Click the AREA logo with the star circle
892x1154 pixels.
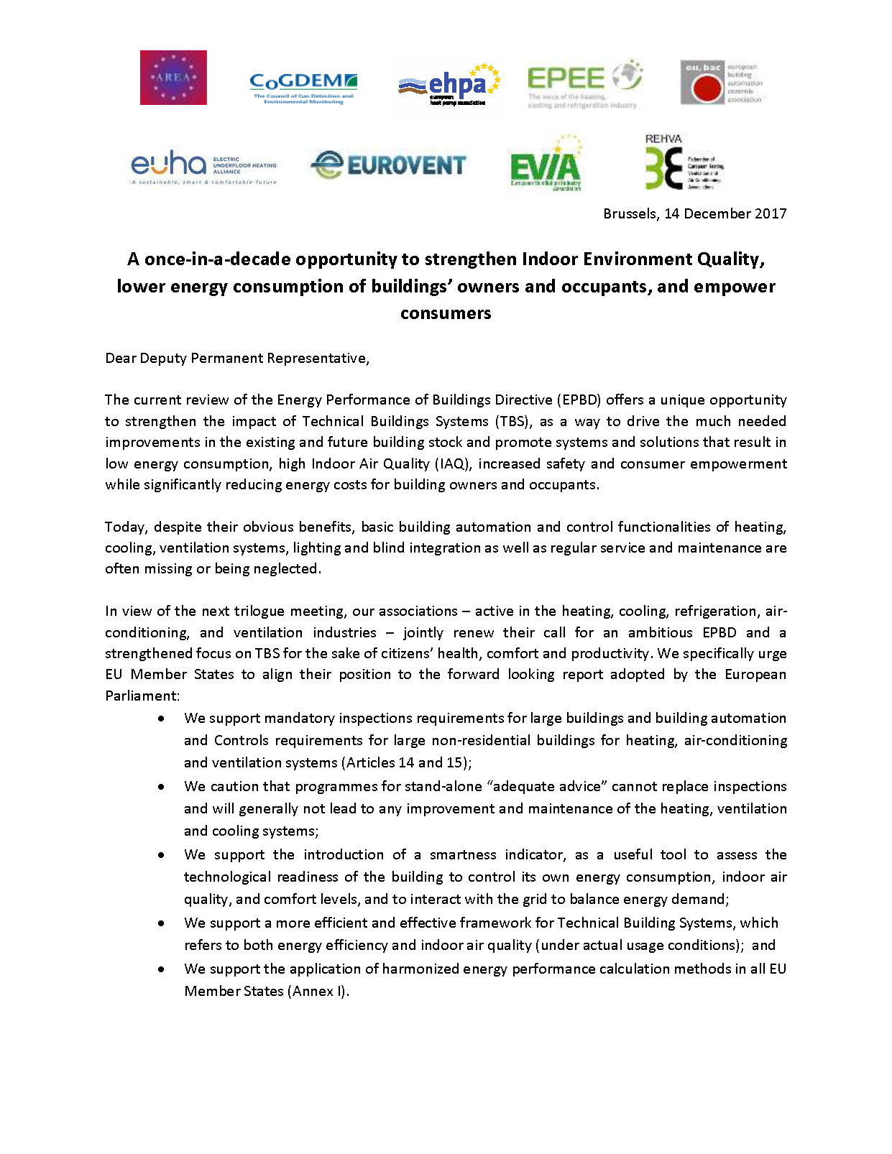click(x=173, y=78)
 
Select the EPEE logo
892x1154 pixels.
click(x=584, y=83)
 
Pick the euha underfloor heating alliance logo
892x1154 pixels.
click(x=203, y=167)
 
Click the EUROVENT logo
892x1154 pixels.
click(x=389, y=165)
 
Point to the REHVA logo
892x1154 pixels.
click(x=683, y=164)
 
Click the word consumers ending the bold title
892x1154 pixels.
click(x=446, y=313)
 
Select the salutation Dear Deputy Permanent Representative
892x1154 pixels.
click(x=237, y=358)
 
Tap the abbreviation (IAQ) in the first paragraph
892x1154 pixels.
click(x=453, y=463)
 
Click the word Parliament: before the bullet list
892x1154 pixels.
click(x=142, y=696)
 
